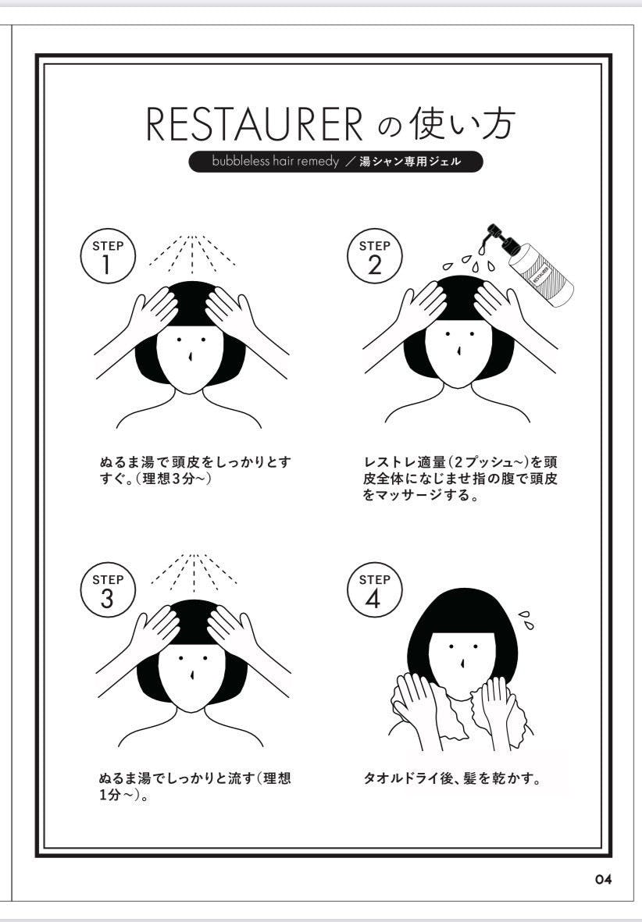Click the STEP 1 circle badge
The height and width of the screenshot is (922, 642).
pyautogui.click(x=108, y=258)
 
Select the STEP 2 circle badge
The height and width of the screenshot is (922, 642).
pyautogui.click(x=373, y=258)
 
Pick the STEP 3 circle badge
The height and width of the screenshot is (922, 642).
pyautogui.click(x=108, y=593)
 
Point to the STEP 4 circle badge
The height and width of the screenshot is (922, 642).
pyautogui.click(x=373, y=593)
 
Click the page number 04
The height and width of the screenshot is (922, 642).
pyautogui.click(x=602, y=880)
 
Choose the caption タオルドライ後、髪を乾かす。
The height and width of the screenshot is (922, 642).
pyautogui.click(x=453, y=778)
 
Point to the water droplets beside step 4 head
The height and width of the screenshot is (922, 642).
pyautogui.click(x=527, y=620)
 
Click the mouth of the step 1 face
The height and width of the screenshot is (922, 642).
pyautogui.click(x=190, y=355)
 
